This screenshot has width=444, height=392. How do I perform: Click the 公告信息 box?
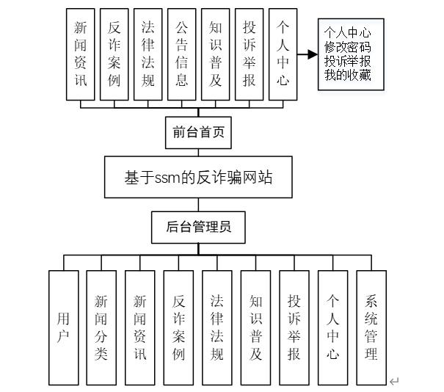click(x=182, y=54)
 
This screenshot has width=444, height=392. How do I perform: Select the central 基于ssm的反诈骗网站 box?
click(x=198, y=177)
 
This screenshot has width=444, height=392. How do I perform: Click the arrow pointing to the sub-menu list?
click(x=307, y=54)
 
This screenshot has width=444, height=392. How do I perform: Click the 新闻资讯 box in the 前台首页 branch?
click(x=81, y=54)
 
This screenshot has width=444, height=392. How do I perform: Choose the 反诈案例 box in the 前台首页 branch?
click(x=114, y=54)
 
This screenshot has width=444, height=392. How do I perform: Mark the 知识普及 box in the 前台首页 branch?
click(x=216, y=54)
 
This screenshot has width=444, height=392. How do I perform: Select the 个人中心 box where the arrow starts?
click(x=283, y=54)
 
